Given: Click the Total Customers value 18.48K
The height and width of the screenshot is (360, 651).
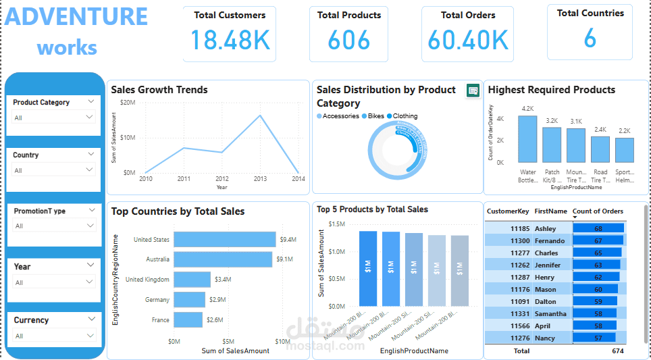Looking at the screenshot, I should point(230,40).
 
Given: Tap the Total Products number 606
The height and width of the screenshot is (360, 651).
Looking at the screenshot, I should point(349,41).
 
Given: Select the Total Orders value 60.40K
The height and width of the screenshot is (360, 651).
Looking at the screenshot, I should point(467,41).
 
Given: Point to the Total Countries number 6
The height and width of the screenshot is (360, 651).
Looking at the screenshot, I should point(590,38).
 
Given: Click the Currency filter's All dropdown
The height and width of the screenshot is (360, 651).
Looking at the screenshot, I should point(55,336).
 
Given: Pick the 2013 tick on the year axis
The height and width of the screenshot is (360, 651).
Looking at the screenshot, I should point(260,179).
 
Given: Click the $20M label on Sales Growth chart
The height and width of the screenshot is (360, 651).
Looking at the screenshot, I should point(128,102).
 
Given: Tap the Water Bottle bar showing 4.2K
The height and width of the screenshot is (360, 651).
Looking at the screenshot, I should point(527,138).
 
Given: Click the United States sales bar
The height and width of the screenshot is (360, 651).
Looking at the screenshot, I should point(224,240).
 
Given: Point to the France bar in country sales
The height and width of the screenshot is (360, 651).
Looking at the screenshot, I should point(188,319).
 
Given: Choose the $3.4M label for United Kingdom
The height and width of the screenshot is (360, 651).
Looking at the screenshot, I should point(223,279).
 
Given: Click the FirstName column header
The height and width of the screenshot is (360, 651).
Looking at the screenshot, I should point(550,211).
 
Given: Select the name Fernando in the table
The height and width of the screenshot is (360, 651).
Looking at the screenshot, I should point(549,241).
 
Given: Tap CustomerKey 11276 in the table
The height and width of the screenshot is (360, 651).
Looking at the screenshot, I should point(519,338).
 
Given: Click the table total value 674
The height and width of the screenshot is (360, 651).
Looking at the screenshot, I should point(617,351).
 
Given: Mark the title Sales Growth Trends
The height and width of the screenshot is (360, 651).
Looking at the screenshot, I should point(159,90).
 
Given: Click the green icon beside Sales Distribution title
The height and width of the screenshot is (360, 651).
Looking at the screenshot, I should point(473,91).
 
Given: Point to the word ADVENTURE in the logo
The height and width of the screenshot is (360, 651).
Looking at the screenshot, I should point(76,17).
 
